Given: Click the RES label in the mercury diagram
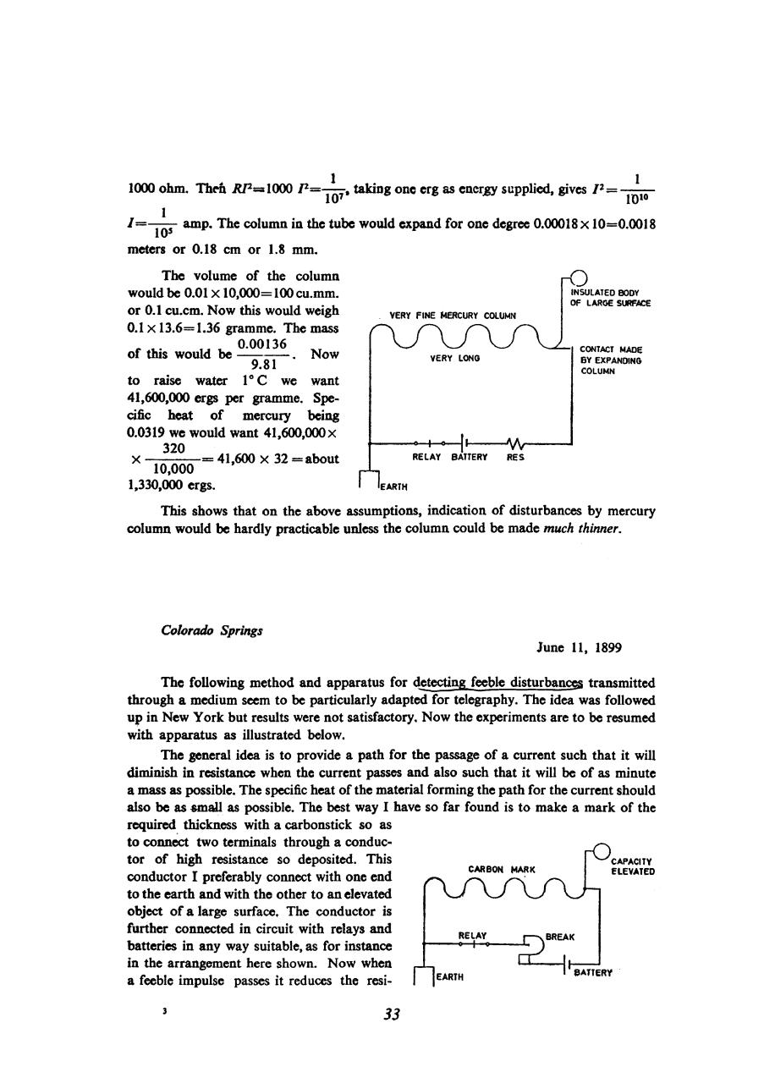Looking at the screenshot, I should point(515,457).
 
